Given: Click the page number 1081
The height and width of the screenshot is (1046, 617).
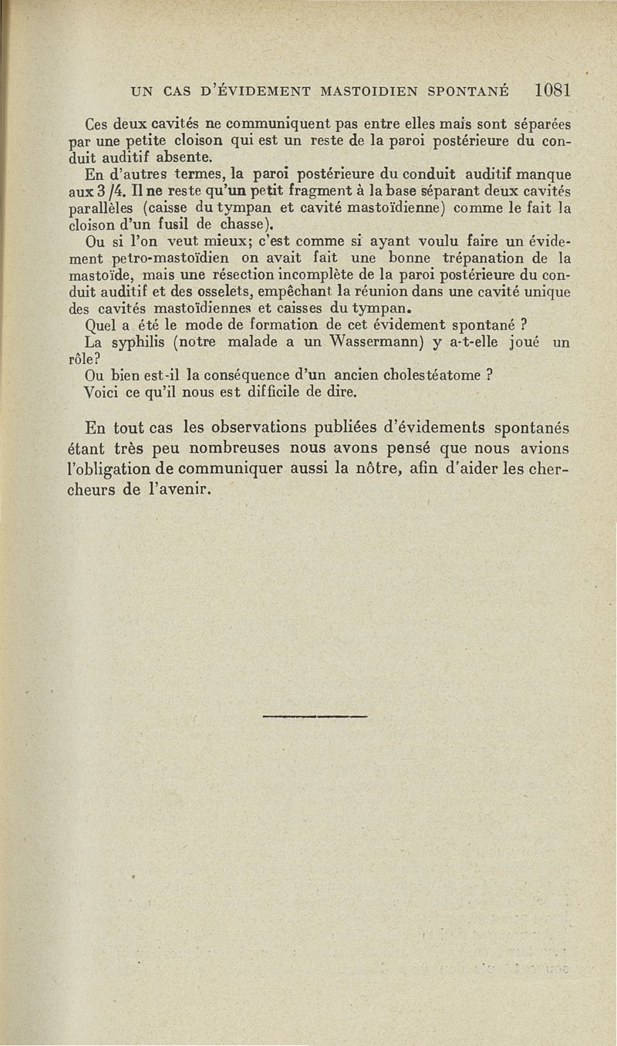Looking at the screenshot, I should click(551, 89).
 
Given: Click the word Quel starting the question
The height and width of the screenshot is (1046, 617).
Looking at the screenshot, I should click(100, 327).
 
